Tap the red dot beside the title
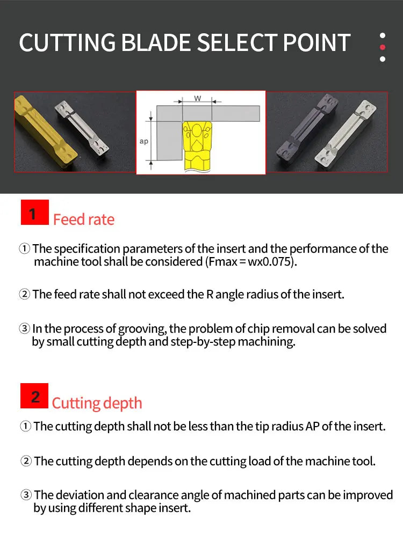[383, 47]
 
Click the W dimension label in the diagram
[197, 98]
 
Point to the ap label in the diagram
[144, 141]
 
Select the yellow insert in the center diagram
[197, 146]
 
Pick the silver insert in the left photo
[82, 128]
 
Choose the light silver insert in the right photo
[346, 134]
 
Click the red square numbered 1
[35, 212]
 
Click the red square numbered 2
[34, 396]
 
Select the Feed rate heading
[84, 219]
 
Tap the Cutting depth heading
[97, 404]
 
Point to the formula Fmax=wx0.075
[250, 262]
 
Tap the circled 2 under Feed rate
[25, 294]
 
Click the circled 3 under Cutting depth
[26, 495]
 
